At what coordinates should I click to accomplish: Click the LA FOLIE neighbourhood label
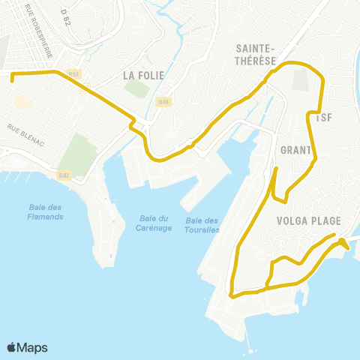click(x=139, y=75)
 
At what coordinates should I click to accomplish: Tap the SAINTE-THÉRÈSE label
click(x=256, y=55)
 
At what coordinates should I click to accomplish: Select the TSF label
click(x=324, y=117)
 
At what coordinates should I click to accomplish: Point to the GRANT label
click(x=295, y=150)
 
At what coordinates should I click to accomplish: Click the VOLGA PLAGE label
click(x=308, y=220)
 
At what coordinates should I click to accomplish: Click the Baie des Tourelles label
click(x=202, y=225)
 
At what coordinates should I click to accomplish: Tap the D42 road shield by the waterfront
click(x=64, y=175)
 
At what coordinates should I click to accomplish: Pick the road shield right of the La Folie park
click(x=163, y=101)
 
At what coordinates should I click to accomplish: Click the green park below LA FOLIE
click(x=136, y=88)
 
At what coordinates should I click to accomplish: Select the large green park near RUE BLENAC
click(x=78, y=154)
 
